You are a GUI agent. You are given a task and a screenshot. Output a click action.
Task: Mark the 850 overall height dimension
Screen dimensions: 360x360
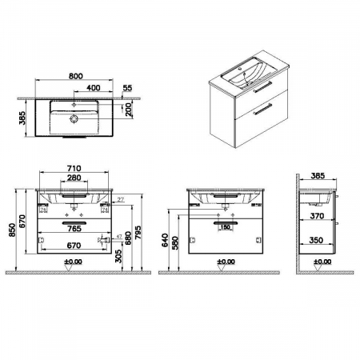[10, 230]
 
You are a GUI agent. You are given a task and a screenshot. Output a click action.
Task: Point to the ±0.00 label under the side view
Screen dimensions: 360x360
[322, 262]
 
